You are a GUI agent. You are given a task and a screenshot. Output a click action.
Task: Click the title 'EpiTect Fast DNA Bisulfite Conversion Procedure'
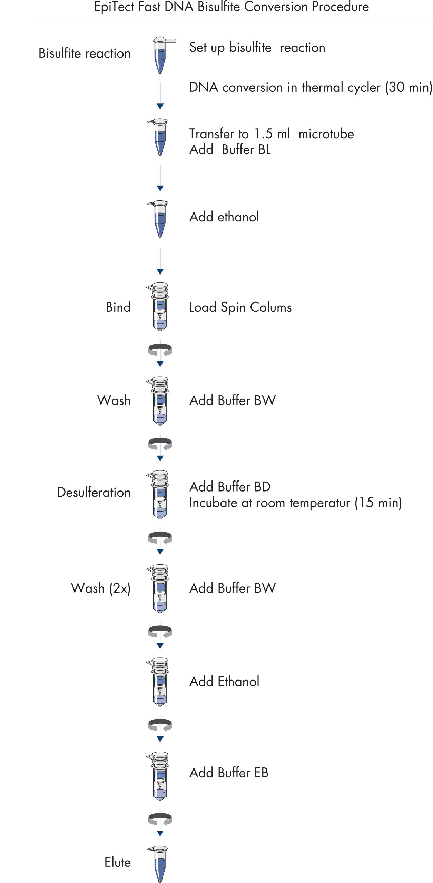(x=231, y=7)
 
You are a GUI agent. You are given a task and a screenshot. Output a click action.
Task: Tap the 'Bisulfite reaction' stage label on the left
(x=85, y=53)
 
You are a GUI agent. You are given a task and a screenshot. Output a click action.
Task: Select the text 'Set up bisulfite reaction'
(x=257, y=48)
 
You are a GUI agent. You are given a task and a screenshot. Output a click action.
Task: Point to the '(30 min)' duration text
(x=409, y=88)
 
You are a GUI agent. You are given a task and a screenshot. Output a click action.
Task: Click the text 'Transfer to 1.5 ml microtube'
(x=272, y=134)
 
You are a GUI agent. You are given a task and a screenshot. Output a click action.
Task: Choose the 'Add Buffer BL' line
(x=230, y=150)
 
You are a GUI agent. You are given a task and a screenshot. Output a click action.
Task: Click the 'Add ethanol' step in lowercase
(x=224, y=217)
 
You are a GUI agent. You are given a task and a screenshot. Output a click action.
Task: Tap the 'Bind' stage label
(x=118, y=307)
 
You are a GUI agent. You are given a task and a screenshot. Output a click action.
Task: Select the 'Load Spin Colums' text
(x=240, y=307)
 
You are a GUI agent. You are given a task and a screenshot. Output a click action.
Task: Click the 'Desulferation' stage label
(x=94, y=492)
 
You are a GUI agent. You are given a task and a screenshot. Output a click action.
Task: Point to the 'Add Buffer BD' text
(x=230, y=487)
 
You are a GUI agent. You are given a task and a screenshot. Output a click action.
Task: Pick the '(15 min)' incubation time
(x=378, y=503)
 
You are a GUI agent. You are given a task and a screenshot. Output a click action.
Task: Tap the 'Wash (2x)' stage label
(x=101, y=588)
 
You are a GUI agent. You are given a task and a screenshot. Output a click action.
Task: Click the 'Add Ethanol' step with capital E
(x=224, y=682)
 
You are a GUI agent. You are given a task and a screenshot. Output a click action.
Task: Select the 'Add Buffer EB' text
(x=229, y=773)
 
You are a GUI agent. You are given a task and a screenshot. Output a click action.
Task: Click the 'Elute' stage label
(x=118, y=862)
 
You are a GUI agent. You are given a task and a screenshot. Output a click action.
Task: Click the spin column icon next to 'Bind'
(x=160, y=307)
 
